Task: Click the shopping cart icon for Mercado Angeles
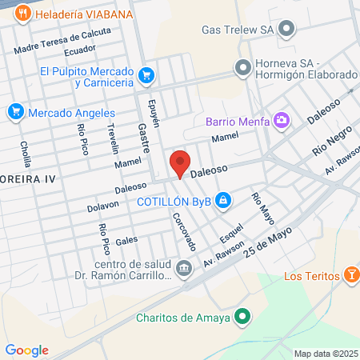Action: (15, 113)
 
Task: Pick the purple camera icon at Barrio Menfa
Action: (282, 121)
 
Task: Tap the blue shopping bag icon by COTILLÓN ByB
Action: (226, 200)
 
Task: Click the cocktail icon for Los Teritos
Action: (350, 278)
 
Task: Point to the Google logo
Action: (26, 350)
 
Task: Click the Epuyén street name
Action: (155, 113)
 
